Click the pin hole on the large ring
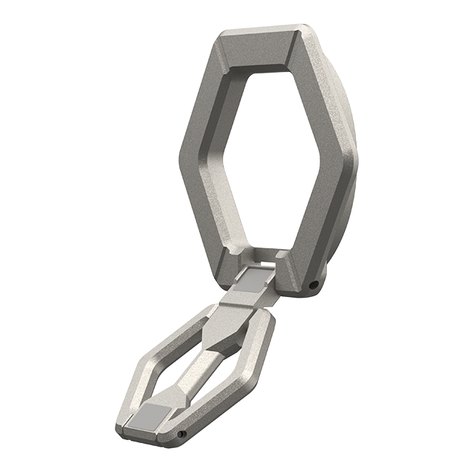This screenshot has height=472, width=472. pos(313,285)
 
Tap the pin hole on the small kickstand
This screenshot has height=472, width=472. pos(182,435)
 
